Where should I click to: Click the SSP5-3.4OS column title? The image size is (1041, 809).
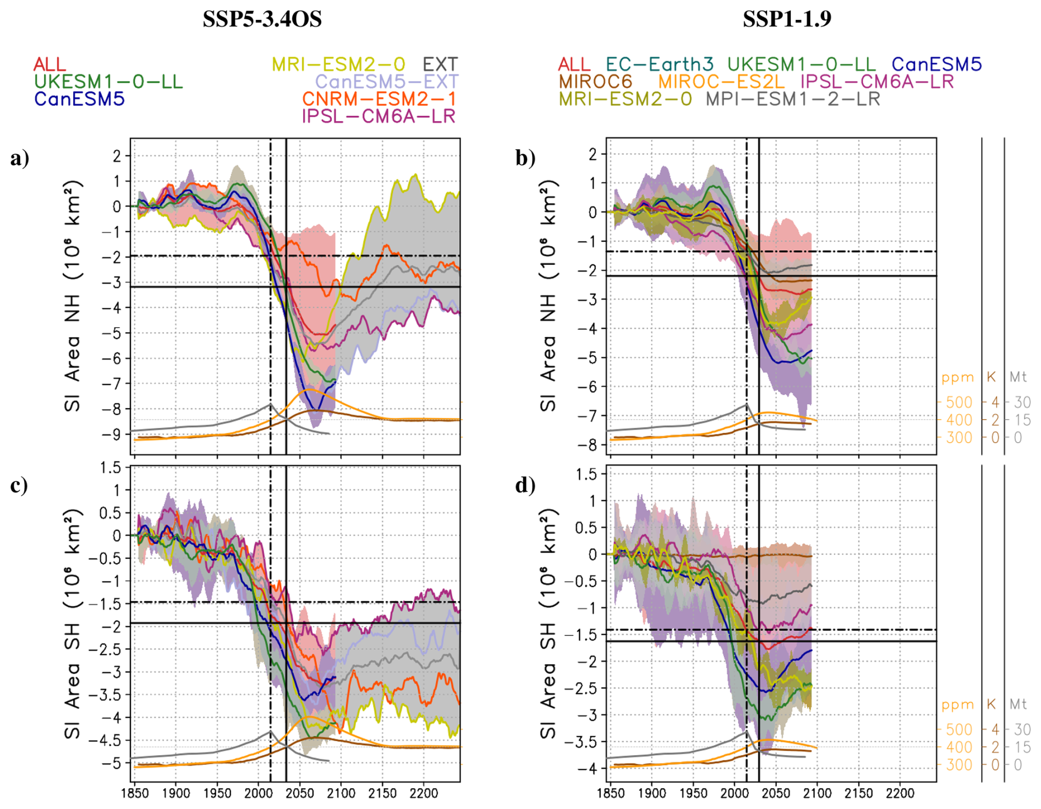click(x=262, y=20)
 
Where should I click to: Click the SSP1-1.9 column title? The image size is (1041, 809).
click(x=787, y=20)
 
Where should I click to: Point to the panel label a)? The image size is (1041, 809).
click(x=20, y=159)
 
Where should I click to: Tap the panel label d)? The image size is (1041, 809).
click(x=525, y=485)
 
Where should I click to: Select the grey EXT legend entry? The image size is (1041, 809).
click(x=440, y=64)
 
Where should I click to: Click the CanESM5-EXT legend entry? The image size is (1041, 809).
click(x=386, y=82)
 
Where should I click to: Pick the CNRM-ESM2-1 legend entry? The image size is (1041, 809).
click(x=379, y=99)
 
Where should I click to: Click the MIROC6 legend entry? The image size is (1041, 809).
click(x=595, y=82)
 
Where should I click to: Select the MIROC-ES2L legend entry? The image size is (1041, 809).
click(x=721, y=82)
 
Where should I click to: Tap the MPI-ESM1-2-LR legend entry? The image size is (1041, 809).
click(x=793, y=99)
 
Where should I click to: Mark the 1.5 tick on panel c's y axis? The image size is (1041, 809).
click(x=111, y=468)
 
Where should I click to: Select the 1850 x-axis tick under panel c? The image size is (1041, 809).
click(x=134, y=794)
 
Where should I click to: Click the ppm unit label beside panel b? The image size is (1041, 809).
click(x=958, y=378)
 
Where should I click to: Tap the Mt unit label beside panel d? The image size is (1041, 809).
click(x=1018, y=704)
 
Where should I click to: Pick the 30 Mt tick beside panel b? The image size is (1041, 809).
click(x=1022, y=403)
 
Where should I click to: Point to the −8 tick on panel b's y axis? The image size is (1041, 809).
click(x=591, y=444)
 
